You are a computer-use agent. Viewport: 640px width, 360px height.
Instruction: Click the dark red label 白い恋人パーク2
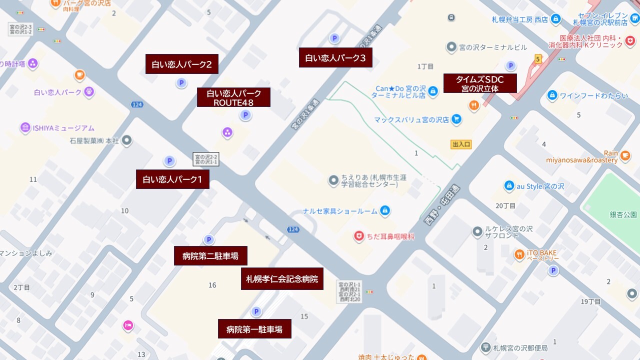[182, 64]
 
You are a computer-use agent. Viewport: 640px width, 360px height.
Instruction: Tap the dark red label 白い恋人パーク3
[335, 57]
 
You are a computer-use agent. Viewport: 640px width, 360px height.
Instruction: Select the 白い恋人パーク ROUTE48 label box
[233, 97]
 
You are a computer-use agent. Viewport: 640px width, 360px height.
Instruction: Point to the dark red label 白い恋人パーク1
[172, 179]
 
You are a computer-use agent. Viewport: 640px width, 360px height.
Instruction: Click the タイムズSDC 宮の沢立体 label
[480, 83]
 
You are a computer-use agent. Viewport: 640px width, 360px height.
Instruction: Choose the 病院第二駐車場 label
[210, 256]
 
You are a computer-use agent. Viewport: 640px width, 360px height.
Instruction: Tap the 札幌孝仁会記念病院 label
[282, 279]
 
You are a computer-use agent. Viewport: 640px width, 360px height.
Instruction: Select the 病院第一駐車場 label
[254, 329]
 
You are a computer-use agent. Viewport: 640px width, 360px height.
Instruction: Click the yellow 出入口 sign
[461, 144]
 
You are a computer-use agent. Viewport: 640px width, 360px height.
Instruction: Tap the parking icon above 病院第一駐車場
[256, 312]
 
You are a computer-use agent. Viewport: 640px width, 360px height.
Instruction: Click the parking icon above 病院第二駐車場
[208, 240]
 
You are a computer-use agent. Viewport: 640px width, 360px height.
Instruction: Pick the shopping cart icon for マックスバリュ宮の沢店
[456, 119]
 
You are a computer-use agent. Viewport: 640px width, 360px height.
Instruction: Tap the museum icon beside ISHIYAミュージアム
[25, 128]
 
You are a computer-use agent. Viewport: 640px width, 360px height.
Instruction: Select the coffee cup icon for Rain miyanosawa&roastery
[625, 156]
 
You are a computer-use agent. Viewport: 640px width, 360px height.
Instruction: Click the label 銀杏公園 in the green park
[623, 214]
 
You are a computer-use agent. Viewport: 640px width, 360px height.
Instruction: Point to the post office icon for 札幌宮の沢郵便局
[485, 347]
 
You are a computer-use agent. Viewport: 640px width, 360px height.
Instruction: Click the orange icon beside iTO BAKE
[519, 255]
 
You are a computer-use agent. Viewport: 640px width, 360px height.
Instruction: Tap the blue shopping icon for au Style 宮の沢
[509, 186]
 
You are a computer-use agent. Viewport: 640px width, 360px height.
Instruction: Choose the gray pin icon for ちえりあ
[333, 180]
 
